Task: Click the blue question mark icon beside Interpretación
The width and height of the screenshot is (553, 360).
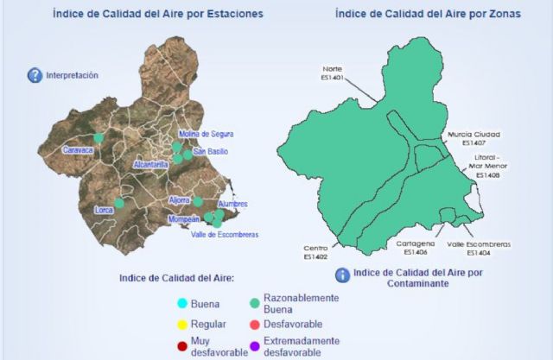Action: click(35, 76)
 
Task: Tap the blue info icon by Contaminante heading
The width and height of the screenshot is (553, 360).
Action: click(342, 275)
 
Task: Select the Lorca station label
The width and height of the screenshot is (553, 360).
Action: click(105, 210)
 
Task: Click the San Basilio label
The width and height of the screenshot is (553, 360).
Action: click(211, 152)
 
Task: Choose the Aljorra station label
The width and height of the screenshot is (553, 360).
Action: click(180, 199)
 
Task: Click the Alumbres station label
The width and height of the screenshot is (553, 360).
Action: click(233, 205)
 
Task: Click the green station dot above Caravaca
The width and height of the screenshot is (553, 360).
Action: click(99, 137)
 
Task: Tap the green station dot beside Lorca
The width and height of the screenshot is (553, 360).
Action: click(119, 204)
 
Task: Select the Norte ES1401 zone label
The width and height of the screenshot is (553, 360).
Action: click(333, 73)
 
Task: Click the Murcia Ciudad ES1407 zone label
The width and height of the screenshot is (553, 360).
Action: click(474, 139)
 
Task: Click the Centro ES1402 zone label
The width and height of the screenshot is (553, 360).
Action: click(315, 251)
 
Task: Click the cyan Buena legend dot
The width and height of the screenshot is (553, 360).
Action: click(182, 304)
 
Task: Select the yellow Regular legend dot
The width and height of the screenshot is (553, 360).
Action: click(182, 325)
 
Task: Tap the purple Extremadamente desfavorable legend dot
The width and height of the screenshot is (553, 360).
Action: click(254, 345)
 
